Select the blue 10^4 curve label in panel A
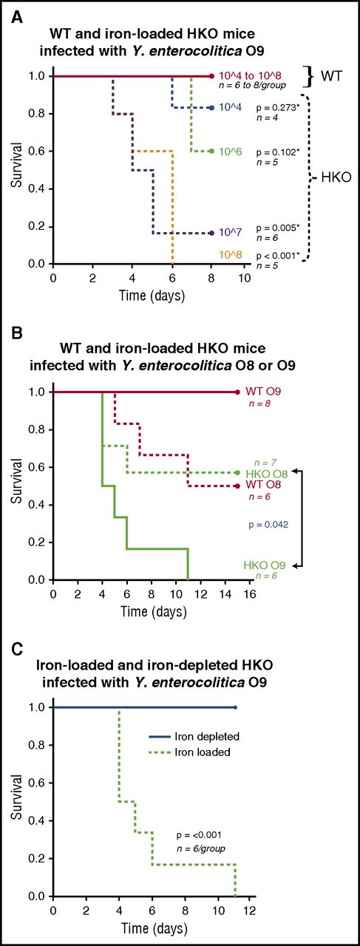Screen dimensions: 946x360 pos(229,108)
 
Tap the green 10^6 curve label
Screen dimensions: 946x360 pos(229,152)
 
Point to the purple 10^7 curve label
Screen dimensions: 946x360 pos(229,233)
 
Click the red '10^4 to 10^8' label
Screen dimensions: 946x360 pos(248,76)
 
